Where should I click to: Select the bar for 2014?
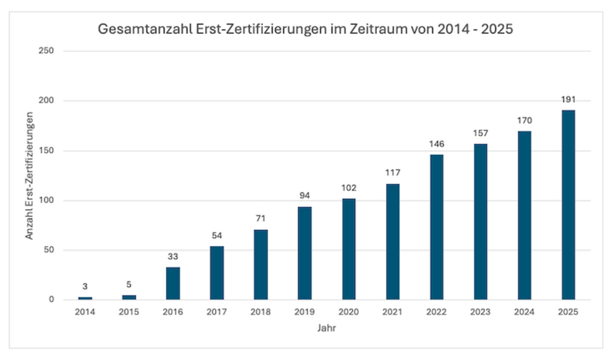pyautogui.click(x=85, y=298)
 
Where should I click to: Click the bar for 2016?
pyautogui.click(x=173, y=283)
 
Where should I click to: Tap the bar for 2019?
pyautogui.click(x=305, y=253)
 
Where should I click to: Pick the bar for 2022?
pyautogui.click(x=436, y=227)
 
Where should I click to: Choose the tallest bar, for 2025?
pyautogui.click(x=568, y=205)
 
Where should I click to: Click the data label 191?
pyautogui.click(x=568, y=100)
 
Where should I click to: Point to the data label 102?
pyautogui.click(x=349, y=188)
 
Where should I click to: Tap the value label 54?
pyautogui.click(x=217, y=236)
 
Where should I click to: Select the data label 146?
pyautogui.click(x=436, y=144)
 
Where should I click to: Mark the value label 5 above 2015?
pyautogui.click(x=129, y=284)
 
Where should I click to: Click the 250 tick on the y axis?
pyautogui.click(x=46, y=51)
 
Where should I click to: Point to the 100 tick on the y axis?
pyautogui.click(x=46, y=200)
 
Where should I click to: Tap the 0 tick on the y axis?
pyautogui.click(x=51, y=300)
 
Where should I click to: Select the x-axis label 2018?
pyautogui.click(x=261, y=312)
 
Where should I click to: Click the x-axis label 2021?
pyautogui.click(x=393, y=312)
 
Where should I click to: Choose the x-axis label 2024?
pyautogui.click(x=525, y=312)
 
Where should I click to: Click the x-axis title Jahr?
pyautogui.click(x=327, y=328)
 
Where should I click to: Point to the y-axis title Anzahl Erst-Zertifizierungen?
pyautogui.click(x=29, y=176)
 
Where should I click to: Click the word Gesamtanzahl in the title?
pyautogui.click(x=144, y=29)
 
